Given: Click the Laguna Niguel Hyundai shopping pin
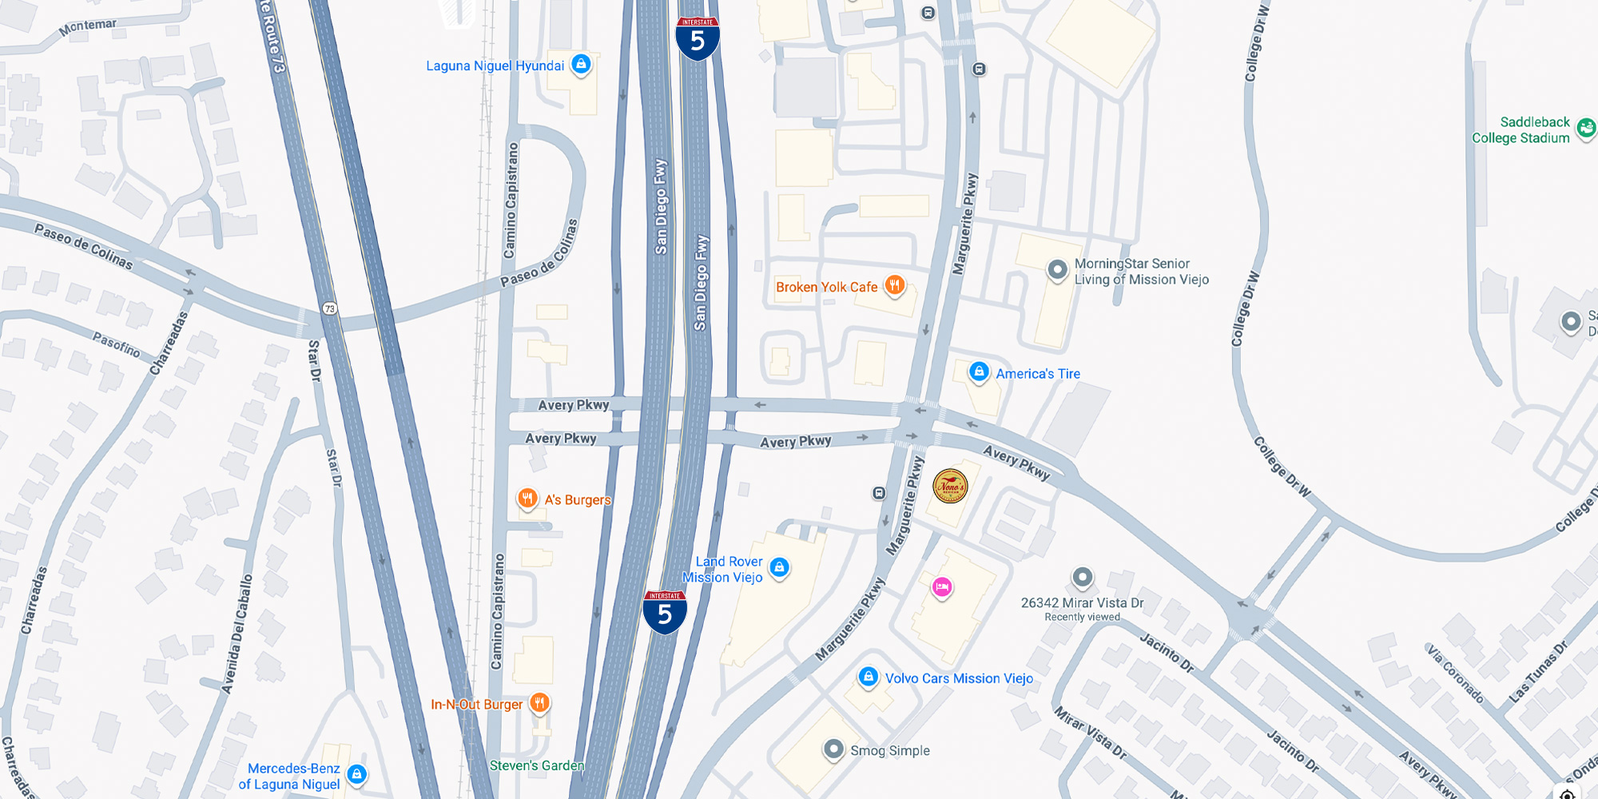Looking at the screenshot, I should point(581,64).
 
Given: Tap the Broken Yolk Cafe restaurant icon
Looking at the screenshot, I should point(894,285).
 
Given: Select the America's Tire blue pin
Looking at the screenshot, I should point(979,372).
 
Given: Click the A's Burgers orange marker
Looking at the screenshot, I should point(527,499).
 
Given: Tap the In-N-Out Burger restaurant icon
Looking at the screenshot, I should point(540,703).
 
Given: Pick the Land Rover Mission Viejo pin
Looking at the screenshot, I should point(779,567).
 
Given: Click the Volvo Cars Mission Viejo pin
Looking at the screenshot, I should point(869,677).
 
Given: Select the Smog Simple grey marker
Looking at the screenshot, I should point(833,749).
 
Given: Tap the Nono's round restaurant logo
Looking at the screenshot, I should point(950,486).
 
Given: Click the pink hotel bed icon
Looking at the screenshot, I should point(942,587).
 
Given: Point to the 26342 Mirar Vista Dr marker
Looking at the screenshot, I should point(1082,576).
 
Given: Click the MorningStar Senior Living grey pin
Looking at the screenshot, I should point(1057,269).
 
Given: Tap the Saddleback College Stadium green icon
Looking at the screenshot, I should point(1586,127).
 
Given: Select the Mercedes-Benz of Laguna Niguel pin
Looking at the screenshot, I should point(357,773).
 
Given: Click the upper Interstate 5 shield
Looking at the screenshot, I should point(698,38).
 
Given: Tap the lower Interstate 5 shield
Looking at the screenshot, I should point(665,612).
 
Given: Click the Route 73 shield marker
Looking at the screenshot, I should point(330,308).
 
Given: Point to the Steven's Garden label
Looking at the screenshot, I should point(537,765).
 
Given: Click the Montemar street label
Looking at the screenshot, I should point(88,27).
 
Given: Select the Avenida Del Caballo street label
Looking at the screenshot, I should point(237,634).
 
